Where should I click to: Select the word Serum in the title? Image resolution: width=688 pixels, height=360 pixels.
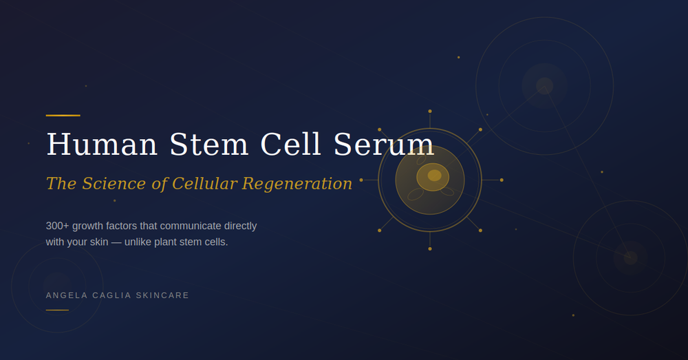pyautogui.click(x=383, y=145)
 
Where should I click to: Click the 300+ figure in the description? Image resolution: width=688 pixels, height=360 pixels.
pyautogui.click(x=57, y=226)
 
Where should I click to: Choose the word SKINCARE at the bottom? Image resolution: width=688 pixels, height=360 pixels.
pyautogui.click(x=162, y=295)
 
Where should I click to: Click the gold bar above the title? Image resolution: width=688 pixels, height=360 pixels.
pyautogui.click(x=63, y=115)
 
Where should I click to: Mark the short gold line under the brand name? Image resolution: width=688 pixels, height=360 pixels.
pyautogui.click(x=57, y=310)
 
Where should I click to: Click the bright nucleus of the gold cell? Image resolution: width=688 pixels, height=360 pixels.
pyautogui.click(x=434, y=176)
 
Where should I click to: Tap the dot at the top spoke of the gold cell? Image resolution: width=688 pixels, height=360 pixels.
pyautogui.click(x=430, y=111)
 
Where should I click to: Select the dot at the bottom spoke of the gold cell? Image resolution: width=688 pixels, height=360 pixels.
pyautogui.click(x=430, y=248)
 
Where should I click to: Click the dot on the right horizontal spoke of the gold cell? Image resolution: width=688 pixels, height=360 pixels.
pyautogui.click(x=502, y=180)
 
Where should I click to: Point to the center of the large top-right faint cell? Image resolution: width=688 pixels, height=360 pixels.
pyautogui.click(x=544, y=85)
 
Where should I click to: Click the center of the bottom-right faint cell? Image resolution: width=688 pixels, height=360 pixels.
pyautogui.click(x=630, y=257)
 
